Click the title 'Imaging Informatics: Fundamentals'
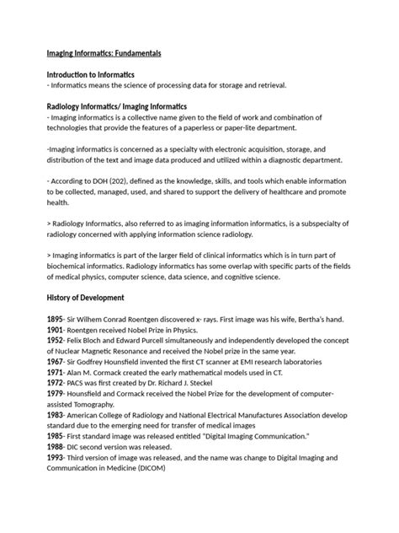(104, 53)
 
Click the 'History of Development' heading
(86, 298)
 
